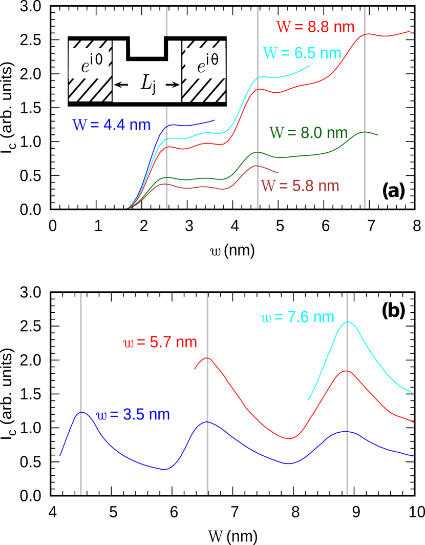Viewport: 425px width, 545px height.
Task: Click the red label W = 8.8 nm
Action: tap(315, 27)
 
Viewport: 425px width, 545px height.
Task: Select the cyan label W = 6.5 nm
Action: tap(302, 53)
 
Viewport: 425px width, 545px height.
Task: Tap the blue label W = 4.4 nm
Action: tap(111, 125)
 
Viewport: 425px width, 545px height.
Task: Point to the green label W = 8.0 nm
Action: tap(308, 133)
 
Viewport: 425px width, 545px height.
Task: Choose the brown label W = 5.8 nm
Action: tap(300, 186)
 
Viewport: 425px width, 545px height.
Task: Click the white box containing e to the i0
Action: tap(89, 64)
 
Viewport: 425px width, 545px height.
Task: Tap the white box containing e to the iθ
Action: tap(205, 64)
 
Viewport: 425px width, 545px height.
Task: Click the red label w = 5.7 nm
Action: tap(160, 342)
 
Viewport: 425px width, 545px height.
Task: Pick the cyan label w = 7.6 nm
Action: tap(297, 317)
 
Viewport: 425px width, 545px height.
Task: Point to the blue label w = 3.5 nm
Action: tap(133, 415)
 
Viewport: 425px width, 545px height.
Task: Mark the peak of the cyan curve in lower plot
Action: tap(348, 321)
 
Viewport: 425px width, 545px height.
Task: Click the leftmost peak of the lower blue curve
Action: tap(81, 412)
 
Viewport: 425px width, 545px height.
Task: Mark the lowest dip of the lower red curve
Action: tap(289, 438)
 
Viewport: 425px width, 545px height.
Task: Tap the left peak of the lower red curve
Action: tap(207, 358)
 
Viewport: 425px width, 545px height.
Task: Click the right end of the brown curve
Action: tap(278, 172)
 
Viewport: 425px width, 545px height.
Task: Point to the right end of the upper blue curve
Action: tap(214, 120)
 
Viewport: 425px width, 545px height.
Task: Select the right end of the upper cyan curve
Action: tap(310, 66)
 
